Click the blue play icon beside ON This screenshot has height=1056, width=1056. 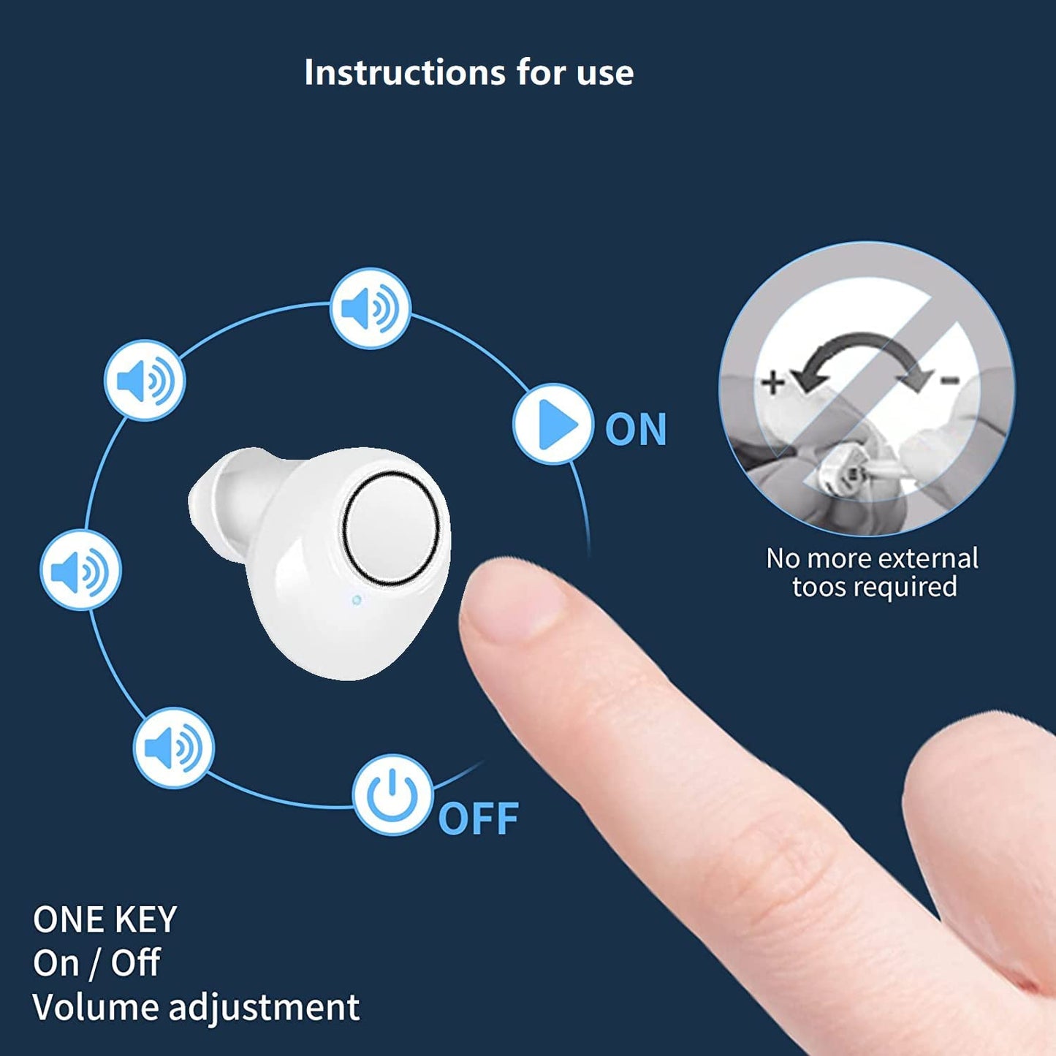553,424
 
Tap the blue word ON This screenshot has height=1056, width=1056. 636,430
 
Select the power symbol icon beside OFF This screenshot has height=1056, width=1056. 392,794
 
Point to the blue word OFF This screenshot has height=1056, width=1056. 479,818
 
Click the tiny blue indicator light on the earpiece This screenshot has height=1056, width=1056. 357,600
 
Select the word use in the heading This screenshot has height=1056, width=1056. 604,73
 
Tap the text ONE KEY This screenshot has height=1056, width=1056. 105,919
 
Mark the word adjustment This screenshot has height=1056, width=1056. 264,1008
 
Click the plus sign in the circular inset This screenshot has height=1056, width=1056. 772,382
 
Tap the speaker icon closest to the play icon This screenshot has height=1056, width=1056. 371,308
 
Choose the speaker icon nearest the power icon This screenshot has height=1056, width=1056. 173,748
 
